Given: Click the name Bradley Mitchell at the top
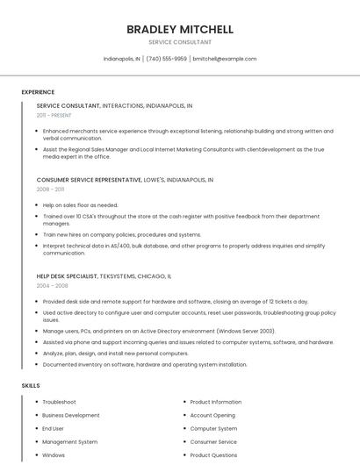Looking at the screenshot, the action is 180,29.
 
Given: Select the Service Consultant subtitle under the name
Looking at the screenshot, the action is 180,42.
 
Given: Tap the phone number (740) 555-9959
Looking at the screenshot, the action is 166,59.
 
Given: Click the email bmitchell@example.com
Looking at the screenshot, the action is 225,59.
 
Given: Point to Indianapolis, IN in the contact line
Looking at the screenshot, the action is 122,59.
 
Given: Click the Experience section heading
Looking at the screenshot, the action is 38,92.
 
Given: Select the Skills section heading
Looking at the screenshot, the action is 31,385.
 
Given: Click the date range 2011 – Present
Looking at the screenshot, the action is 54,115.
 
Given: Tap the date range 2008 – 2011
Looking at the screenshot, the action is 50,189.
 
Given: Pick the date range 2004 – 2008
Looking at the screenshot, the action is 52,285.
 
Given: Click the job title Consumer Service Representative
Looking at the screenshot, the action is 89,179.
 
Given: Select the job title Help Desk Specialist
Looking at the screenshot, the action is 67,275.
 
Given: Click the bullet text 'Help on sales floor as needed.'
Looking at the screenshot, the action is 80,205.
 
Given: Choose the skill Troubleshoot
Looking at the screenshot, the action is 59,402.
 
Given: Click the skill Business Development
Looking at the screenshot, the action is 71,415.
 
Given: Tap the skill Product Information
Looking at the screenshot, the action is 215,402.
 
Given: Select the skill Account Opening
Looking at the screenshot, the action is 212,415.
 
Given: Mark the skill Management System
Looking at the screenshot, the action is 69,442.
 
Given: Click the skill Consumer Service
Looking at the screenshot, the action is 213,442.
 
